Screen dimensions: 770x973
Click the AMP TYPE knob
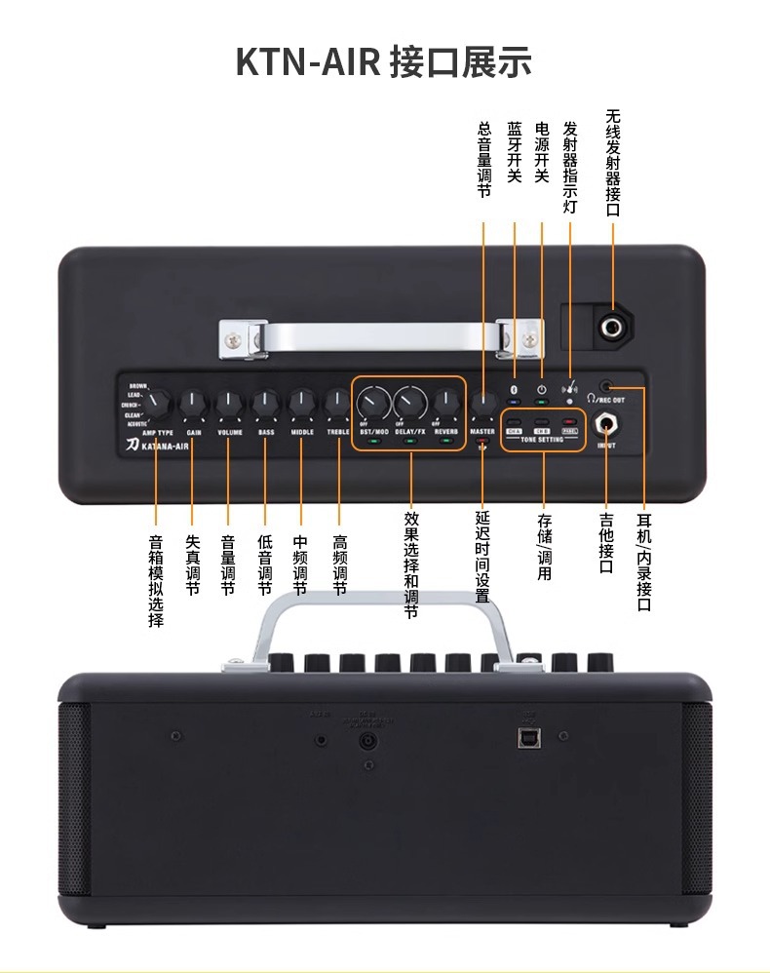(157, 402)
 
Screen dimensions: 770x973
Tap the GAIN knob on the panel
(193, 402)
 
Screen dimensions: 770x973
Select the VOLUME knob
(229, 402)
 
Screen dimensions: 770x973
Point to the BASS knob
(265, 402)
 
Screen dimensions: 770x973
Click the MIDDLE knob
(301, 402)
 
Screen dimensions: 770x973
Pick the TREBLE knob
(337, 402)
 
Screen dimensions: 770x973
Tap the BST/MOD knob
(371, 402)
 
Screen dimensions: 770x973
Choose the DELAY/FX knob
(410, 402)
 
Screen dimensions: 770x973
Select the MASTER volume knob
(483, 403)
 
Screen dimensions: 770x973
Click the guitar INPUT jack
(607, 426)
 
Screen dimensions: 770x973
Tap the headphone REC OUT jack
(608, 387)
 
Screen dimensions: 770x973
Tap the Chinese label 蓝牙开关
(515, 152)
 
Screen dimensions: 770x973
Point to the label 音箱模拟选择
(156, 580)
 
